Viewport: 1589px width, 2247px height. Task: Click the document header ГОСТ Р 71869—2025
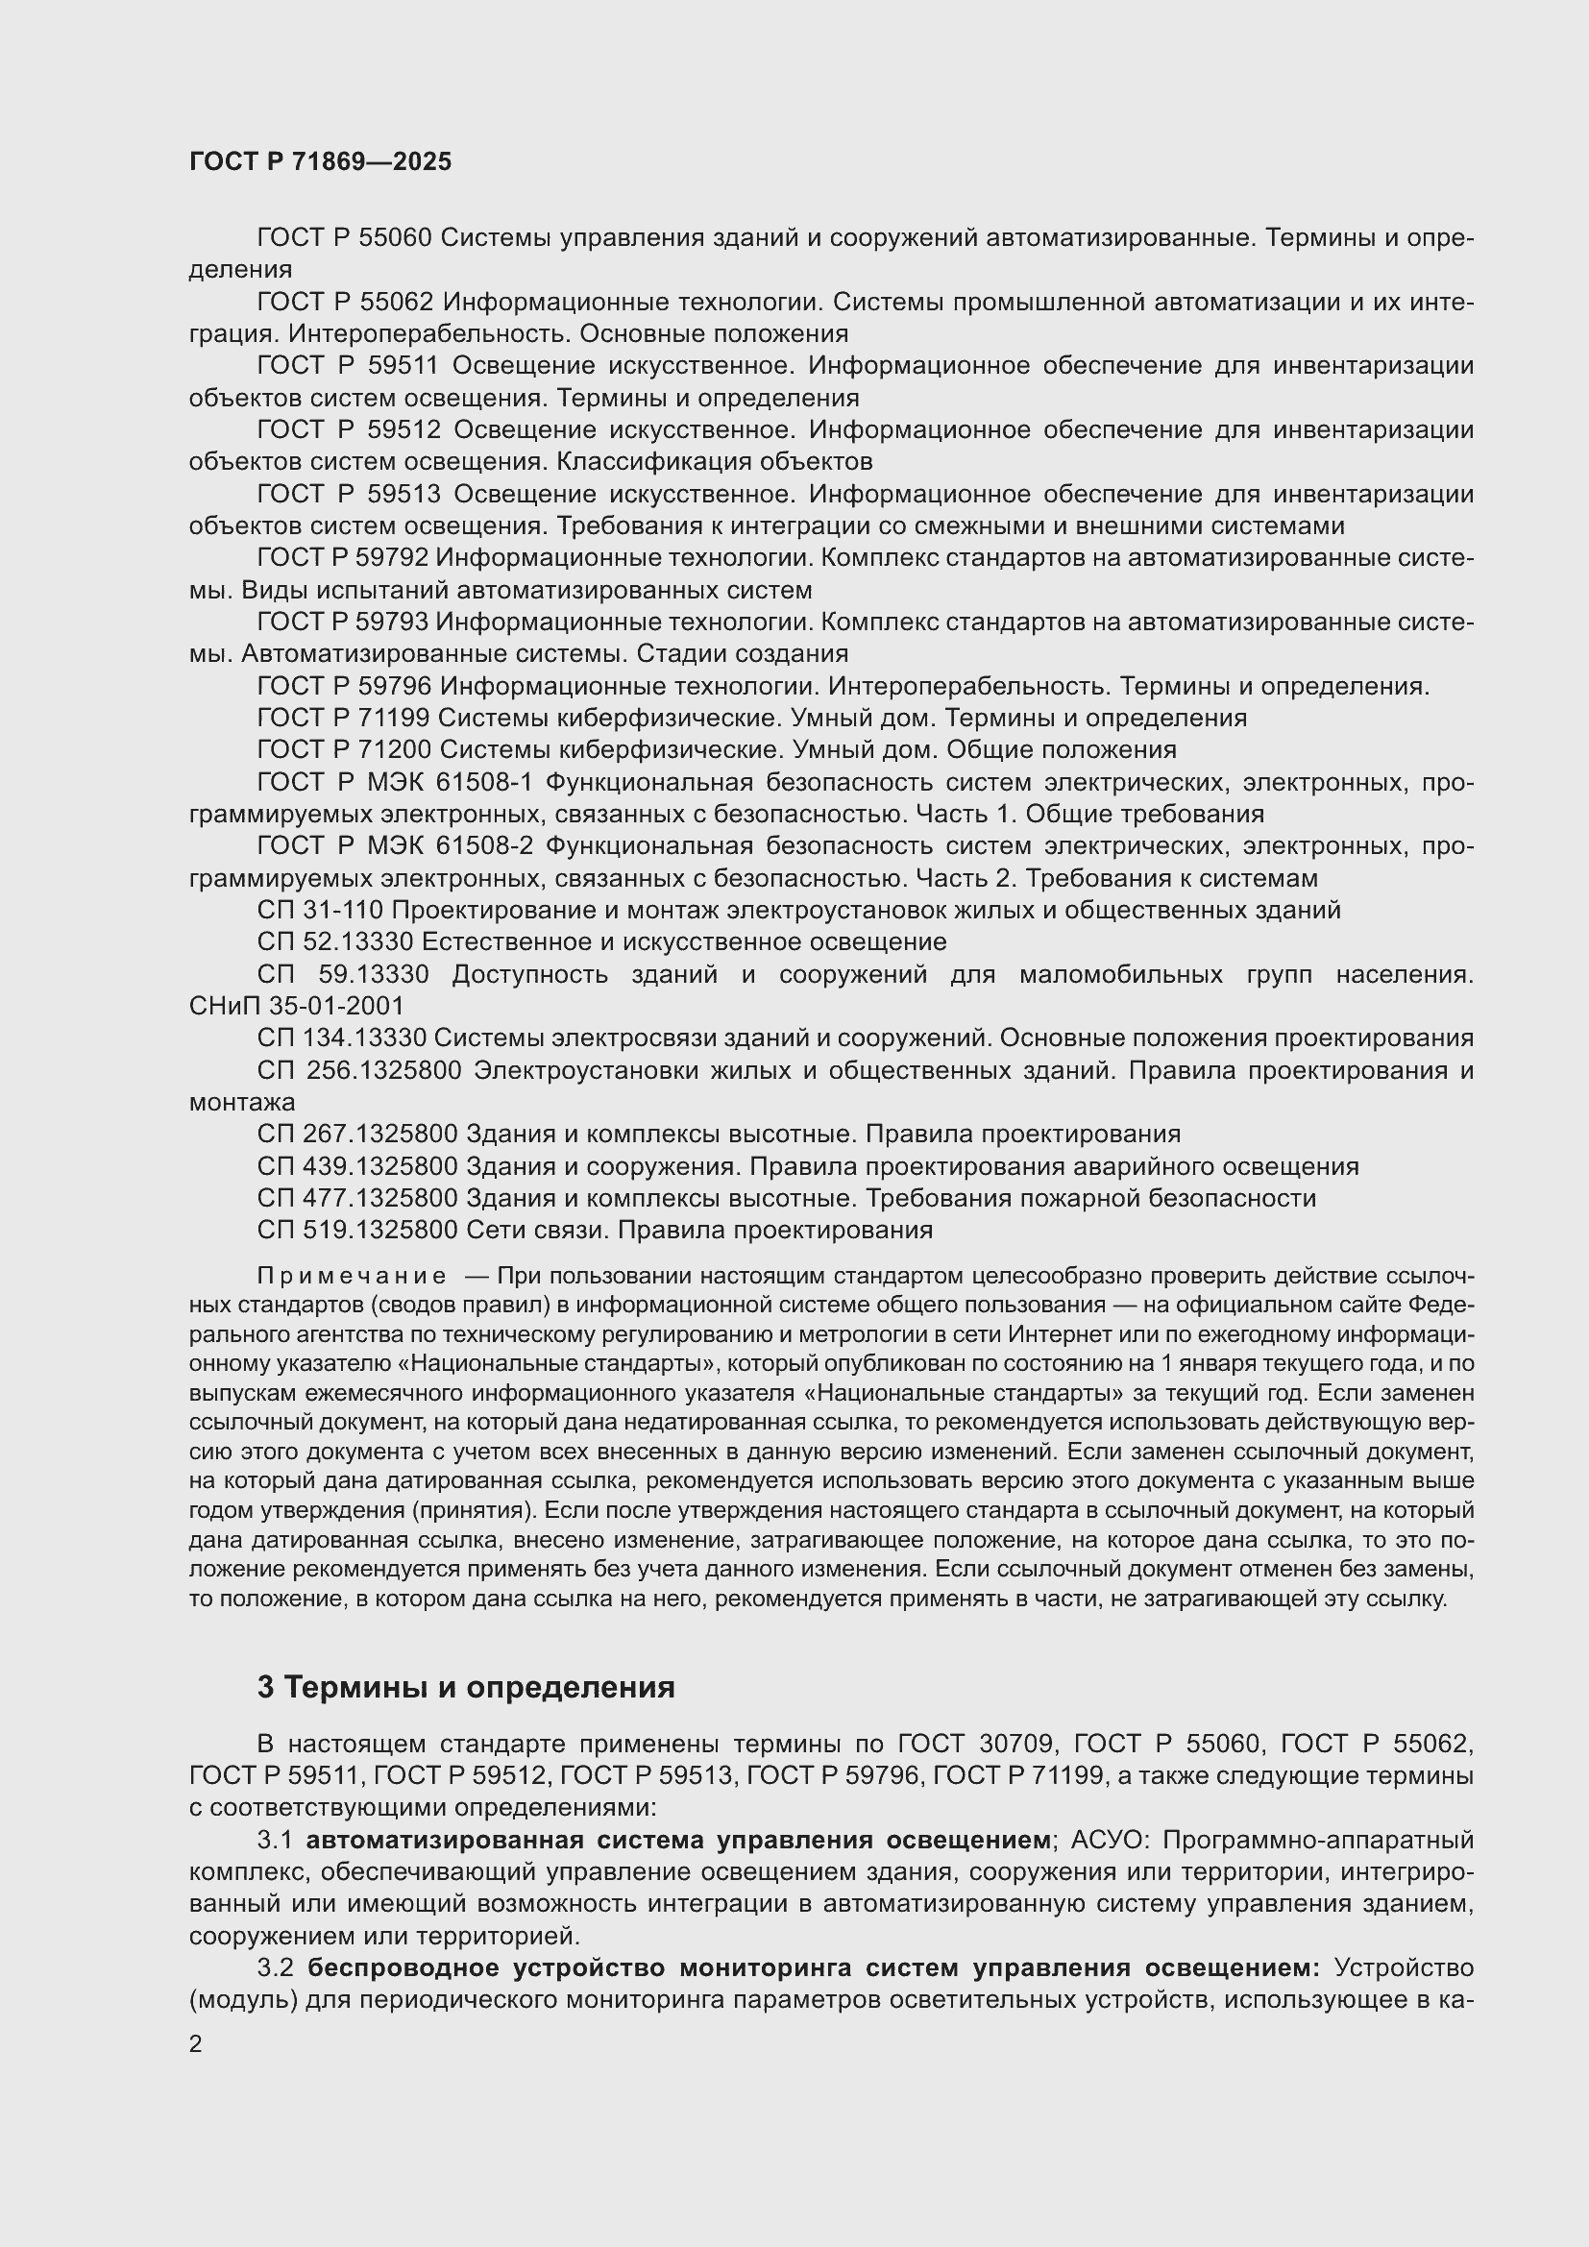[x=320, y=162]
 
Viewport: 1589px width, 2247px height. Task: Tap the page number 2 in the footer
[x=196, y=2044]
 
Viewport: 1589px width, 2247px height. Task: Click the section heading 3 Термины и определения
[x=466, y=1687]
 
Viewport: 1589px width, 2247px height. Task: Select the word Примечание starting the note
[x=352, y=1276]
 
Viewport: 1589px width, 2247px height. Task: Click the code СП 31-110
[x=320, y=910]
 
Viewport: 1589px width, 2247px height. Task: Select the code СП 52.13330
[x=335, y=941]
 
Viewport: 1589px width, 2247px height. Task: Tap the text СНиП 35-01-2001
[x=296, y=1006]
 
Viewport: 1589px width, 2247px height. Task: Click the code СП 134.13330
[x=341, y=1038]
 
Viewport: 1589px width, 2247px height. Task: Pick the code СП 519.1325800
[x=357, y=1231]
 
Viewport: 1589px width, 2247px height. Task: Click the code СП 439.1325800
[x=357, y=1166]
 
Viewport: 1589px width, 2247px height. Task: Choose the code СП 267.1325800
[x=357, y=1135]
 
